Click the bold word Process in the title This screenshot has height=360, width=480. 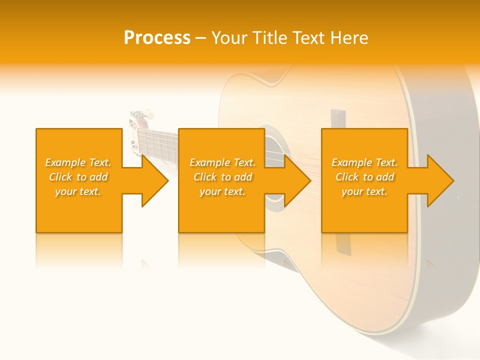click(x=157, y=38)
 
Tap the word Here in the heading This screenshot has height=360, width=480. click(x=350, y=38)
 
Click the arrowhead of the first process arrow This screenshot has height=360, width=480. click(x=155, y=180)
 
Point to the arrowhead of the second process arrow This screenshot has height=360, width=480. click(x=297, y=180)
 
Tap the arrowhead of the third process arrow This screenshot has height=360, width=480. click(x=440, y=180)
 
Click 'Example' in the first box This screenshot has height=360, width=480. click(x=65, y=162)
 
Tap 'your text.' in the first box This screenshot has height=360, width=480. click(x=78, y=191)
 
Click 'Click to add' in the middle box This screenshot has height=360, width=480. click(x=222, y=177)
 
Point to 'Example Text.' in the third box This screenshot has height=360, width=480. click(x=364, y=162)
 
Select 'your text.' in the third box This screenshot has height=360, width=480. click(x=364, y=191)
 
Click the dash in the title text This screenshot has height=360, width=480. click(x=200, y=38)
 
